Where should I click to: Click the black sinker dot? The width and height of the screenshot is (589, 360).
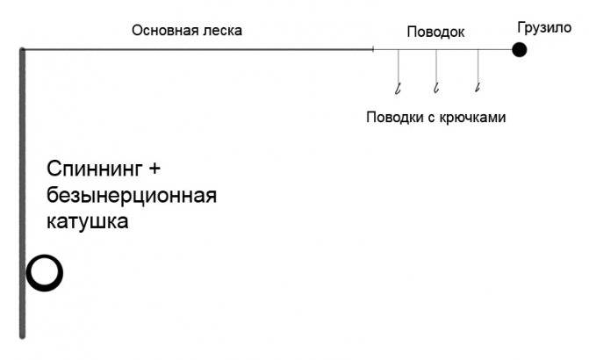pyautogui.click(x=520, y=50)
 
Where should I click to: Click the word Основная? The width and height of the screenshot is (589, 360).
pyautogui.click(x=165, y=31)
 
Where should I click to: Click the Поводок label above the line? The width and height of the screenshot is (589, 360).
pyautogui.click(x=436, y=32)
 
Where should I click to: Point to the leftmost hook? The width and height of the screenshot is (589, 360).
pyautogui.click(x=398, y=87)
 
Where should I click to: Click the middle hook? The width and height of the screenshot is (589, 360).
pyautogui.click(x=435, y=87)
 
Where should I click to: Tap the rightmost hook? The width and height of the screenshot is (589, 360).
pyautogui.click(x=478, y=86)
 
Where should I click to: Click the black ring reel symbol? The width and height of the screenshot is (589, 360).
pyautogui.click(x=44, y=273)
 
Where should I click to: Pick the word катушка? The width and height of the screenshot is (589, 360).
pyautogui.click(x=88, y=222)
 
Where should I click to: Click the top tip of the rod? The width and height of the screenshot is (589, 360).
pyautogui.click(x=23, y=51)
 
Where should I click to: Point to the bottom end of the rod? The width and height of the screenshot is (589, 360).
pyautogui.click(x=23, y=334)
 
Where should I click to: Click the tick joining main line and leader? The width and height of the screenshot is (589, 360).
pyautogui.click(x=373, y=50)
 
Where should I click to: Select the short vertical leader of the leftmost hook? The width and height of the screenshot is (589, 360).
pyautogui.click(x=399, y=66)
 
